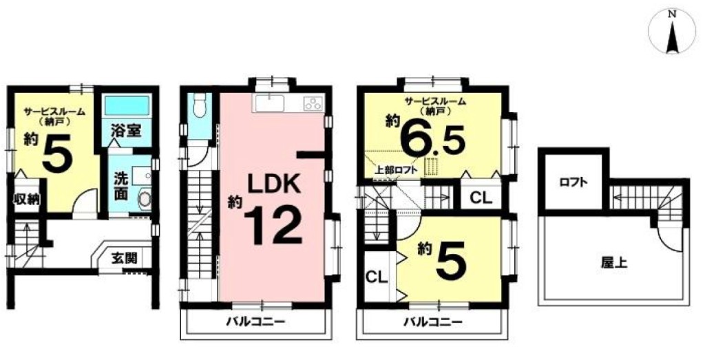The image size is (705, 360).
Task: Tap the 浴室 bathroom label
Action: tap(127, 131)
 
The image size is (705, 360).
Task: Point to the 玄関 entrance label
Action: tap(125, 259)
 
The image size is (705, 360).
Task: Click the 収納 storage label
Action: tap(25, 199)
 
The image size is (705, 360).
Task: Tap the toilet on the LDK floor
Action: tap(199, 107)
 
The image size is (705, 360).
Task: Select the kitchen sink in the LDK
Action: tap(270, 103)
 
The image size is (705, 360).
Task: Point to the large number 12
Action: tap(273, 226)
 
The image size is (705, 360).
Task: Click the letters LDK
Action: tap(273, 184)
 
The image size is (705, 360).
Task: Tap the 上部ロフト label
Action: tap(397, 170)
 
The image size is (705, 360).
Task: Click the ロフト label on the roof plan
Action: tap(574, 182)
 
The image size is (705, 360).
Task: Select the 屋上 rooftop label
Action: tap(613, 264)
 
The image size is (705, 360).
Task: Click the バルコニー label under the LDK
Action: tap(255, 322)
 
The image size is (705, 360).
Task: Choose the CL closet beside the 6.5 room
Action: tap(481, 198)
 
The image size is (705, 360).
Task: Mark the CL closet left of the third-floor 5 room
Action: tap(377, 277)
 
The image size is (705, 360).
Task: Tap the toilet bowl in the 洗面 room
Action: tap(145, 198)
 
